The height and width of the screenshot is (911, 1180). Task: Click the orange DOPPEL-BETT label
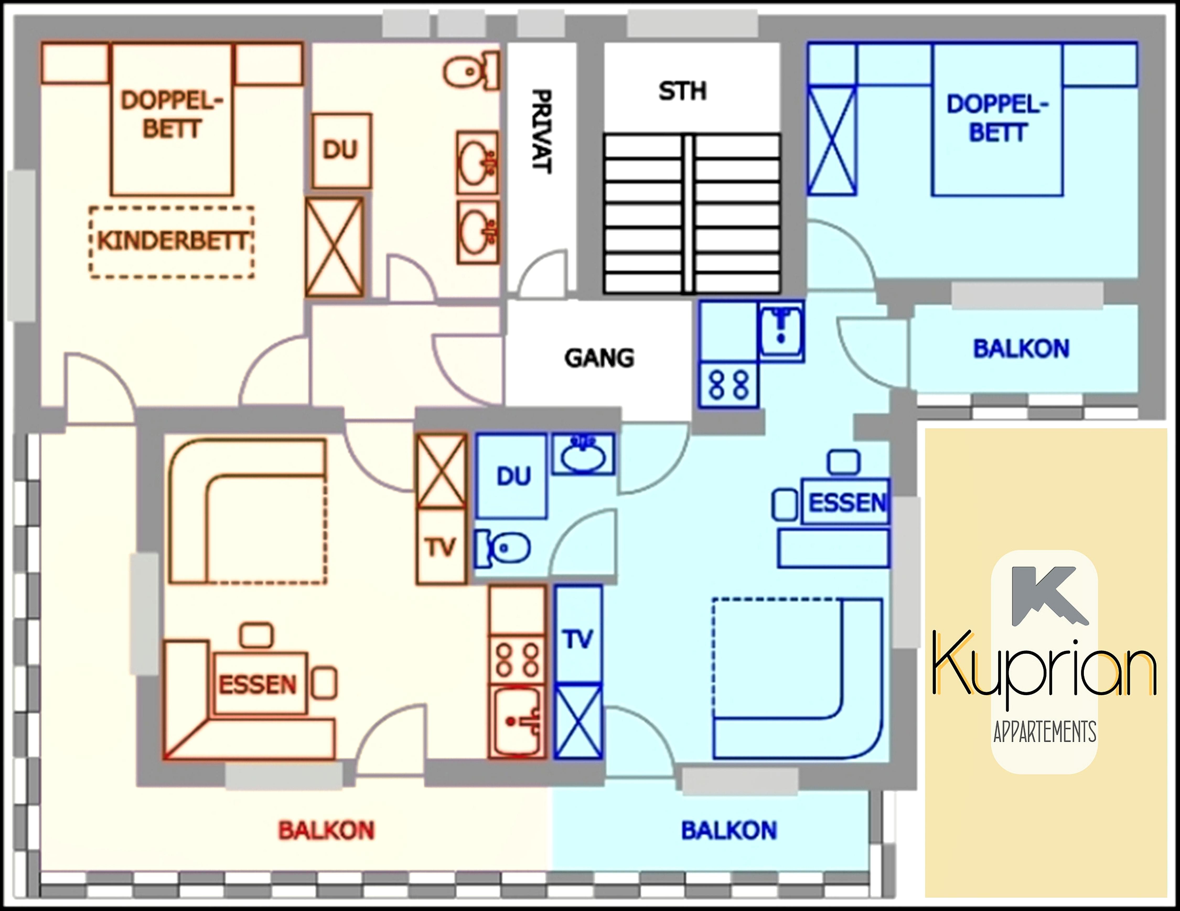click(x=172, y=115)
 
